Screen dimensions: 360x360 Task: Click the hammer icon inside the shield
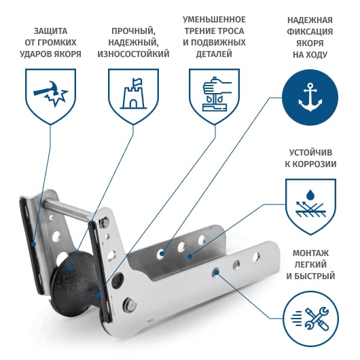click(x=50, y=93)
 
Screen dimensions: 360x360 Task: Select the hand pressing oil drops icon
click(x=215, y=94)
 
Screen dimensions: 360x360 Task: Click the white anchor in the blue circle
click(x=310, y=97)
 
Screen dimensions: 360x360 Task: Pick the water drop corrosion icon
click(x=310, y=204)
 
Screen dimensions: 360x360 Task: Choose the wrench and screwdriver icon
click(x=310, y=319)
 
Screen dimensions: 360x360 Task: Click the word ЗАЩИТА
click(x=50, y=31)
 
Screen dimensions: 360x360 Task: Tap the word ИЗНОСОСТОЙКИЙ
click(x=133, y=54)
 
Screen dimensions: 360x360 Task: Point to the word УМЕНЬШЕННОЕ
click(x=214, y=20)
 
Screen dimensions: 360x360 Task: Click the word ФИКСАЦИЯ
click(x=310, y=31)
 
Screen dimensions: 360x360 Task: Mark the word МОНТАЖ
click(x=310, y=253)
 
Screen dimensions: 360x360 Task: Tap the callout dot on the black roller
click(x=69, y=267)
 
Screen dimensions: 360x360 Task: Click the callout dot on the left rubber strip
click(x=33, y=244)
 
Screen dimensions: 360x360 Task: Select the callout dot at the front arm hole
click(x=216, y=272)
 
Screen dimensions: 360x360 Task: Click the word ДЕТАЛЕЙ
click(x=214, y=54)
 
